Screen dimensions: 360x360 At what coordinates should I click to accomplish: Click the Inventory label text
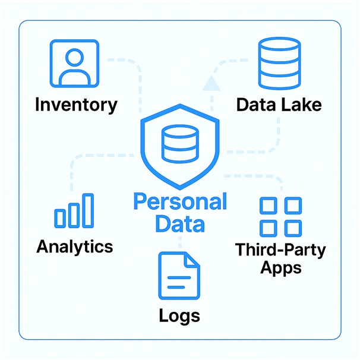click(x=76, y=105)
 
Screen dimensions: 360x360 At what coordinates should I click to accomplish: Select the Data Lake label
click(x=279, y=105)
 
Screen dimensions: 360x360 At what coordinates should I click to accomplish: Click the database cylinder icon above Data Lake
click(x=280, y=64)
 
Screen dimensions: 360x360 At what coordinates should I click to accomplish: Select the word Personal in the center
click(x=180, y=202)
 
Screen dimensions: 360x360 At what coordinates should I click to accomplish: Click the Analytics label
click(x=75, y=246)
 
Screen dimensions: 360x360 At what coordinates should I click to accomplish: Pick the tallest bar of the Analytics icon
click(x=87, y=210)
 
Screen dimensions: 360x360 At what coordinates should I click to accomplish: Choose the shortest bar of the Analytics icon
click(x=60, y=218)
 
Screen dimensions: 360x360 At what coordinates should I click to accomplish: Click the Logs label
click(x=179, y=315)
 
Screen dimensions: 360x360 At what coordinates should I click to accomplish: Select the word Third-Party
click(x=280, y=249)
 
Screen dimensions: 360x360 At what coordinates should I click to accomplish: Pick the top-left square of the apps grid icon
click(x=269, y=206)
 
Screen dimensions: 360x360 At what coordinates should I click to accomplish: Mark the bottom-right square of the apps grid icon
click(x=292, y=228)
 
